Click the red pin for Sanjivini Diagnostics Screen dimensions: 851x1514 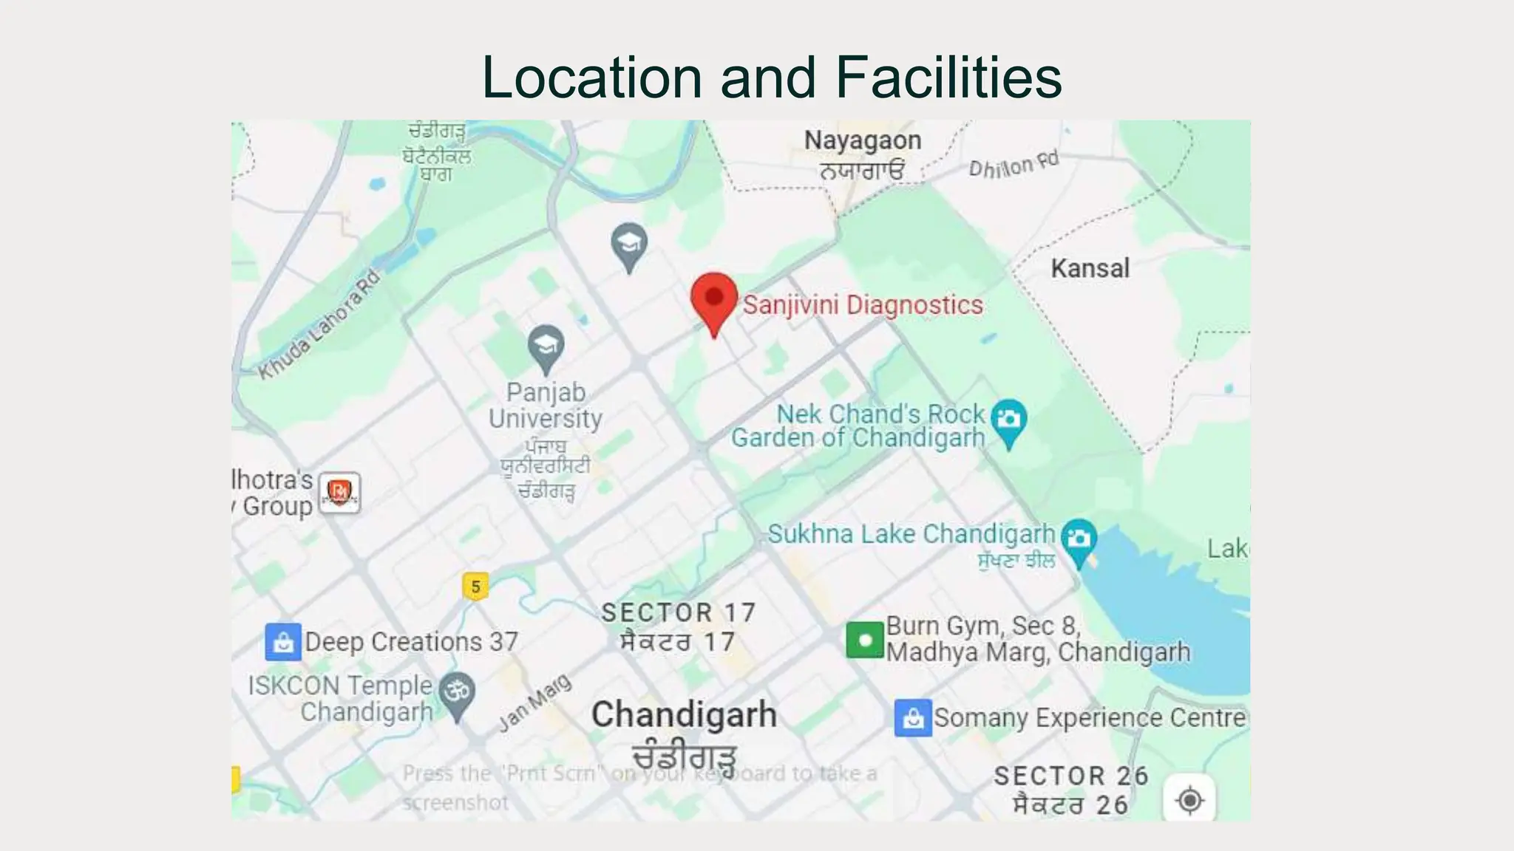[x=714, y=300]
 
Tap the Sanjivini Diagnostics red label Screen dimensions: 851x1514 [x=863, y=305]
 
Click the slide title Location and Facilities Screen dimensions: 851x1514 [x=771, y=77]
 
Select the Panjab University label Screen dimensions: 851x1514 [x=546, y=406]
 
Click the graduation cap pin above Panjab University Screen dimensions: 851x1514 [x=546, y=346]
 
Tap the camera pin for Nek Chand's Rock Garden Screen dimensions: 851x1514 [x=1008, y=421]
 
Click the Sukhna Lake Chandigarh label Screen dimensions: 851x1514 [x=911, y=534]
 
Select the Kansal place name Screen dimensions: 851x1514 [x=1090, y=268]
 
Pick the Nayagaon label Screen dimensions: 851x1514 [x=863, y=140]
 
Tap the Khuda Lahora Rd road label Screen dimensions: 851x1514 [x=319, y=325]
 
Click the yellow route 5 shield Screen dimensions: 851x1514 [x=475, y=587]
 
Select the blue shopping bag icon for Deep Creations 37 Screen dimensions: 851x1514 [x=283, y=642]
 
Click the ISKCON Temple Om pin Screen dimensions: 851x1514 [x=457, y=693]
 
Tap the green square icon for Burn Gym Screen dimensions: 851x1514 [x=865, y=640]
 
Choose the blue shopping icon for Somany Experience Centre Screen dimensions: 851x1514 [x=913, y=718]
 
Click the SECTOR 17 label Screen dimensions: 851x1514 [x=678, y=612]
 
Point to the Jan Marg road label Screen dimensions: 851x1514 [x=535, y=703]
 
